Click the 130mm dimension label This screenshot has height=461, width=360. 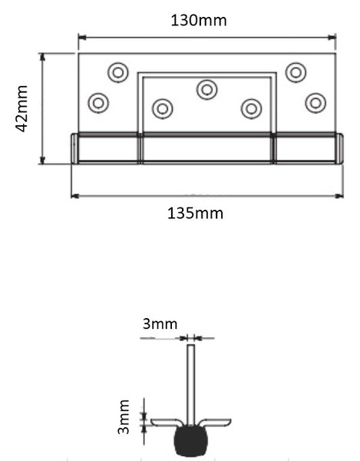click(x=198, y=20)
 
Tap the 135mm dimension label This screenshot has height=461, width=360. click(x=195, y=213)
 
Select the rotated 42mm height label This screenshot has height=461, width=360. click(x=22, y=109)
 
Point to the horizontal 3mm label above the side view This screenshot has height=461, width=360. click(x=160, y=324)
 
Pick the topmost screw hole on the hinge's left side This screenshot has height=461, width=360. click(x=117, y=72)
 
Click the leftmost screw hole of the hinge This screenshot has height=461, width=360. click(x=98, y=102)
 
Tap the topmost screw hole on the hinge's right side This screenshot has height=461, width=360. click(x=296, y=72)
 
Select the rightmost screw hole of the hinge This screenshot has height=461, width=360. click(x=315, y=102)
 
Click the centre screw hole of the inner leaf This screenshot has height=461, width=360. click(x=206, y=90)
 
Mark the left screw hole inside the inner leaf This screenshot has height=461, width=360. click(x=163, y=108)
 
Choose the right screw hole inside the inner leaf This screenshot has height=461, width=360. click(x=251, y=108)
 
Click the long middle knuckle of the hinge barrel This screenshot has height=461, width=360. click(x=206, y=148)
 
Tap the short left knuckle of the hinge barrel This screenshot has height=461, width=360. click(x=106, y=148)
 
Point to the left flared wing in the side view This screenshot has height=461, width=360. click(x=166, y=423)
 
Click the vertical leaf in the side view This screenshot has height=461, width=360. click(x=191, y=380)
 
